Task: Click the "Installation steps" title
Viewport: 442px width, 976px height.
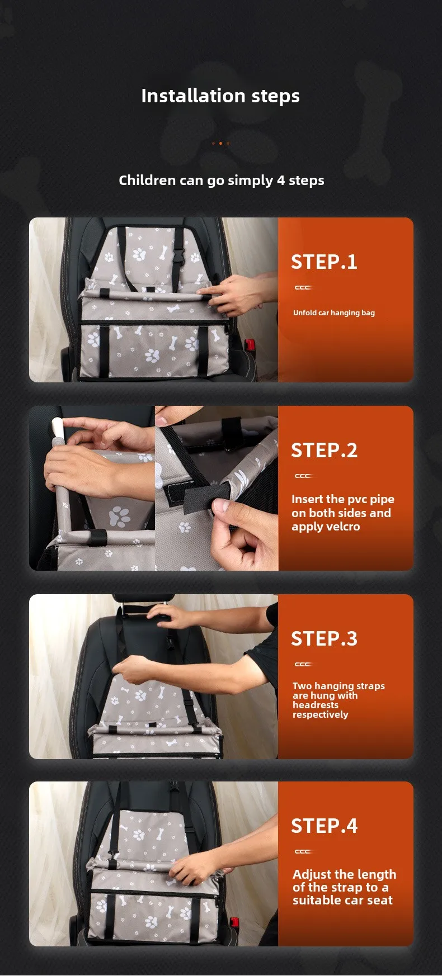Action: tap(220, 96)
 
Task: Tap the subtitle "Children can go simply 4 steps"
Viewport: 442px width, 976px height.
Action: tap(222, 181)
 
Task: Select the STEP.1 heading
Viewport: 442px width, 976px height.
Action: tap(324, 262)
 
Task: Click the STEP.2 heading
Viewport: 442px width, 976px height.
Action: tap(324, 451)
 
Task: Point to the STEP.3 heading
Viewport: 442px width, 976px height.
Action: tap(324, 639)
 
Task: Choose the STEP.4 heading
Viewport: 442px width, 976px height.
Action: tap(324, 826)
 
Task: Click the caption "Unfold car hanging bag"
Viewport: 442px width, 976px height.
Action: tap(334, 313)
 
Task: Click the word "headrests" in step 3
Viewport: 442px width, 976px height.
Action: tap(316, 705)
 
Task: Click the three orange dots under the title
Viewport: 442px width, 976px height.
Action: tap(220, 143)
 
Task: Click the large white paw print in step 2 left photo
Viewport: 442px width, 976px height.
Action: tap(120, 517)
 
